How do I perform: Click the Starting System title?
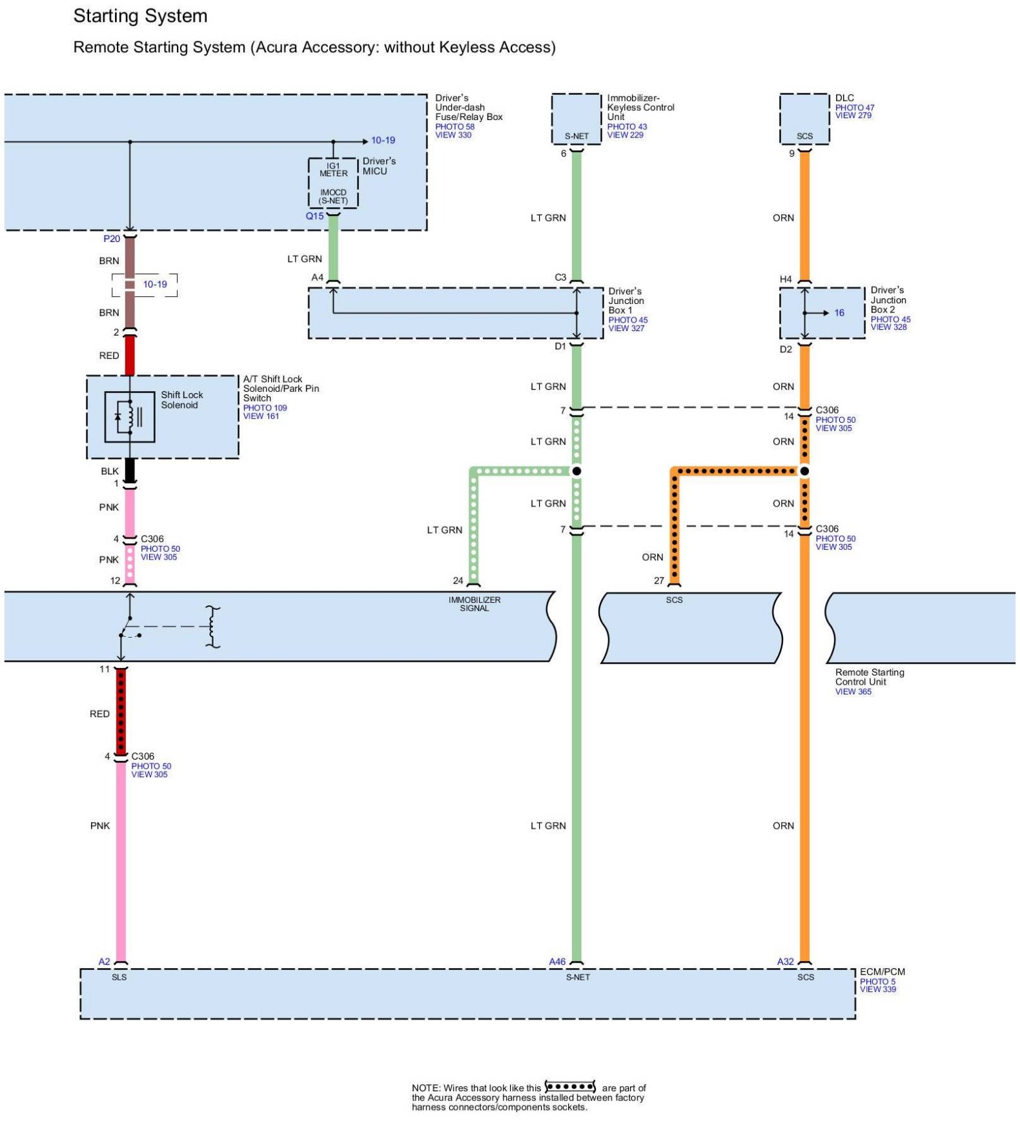pyautogui.click(x=140, y=16)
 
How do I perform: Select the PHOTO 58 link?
pyautogui.click(x=454, y=126)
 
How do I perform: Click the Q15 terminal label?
pyautogui.click(x=314, y=216)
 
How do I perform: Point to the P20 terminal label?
pyautogui.click(x=112, y=239)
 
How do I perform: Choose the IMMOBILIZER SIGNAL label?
pyautogui.click(x=474, y=604)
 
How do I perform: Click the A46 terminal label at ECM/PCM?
pyautogui.click(x=557, y=962)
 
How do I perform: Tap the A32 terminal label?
pyautogui.click(x=785, y=962)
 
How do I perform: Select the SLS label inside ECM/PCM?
pyautogui.click(x=119, y=977)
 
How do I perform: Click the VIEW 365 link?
pyautogui.click(x=853, y=692)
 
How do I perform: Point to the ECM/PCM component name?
pyautogui.click(x=882, y=972)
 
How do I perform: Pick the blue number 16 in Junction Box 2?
pyautogui.click(x=839, y=313)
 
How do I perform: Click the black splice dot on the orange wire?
pyautogui.click(x=804, y=471)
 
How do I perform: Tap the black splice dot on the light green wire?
pyautogui.click(x=576, y=471)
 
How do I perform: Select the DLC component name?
pyautogui.click(x=844, y=98)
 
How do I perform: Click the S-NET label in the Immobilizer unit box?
pyautogui.click(x=576, y=136)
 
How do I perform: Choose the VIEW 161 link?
pyautogui.click(x=261, y=416)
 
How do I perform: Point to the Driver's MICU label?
pyautogui.click(x=379, y=166)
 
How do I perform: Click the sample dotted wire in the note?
pyautogui.click(x=570, y=1087)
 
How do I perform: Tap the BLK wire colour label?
pyautogui.click(x=110, y=471)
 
